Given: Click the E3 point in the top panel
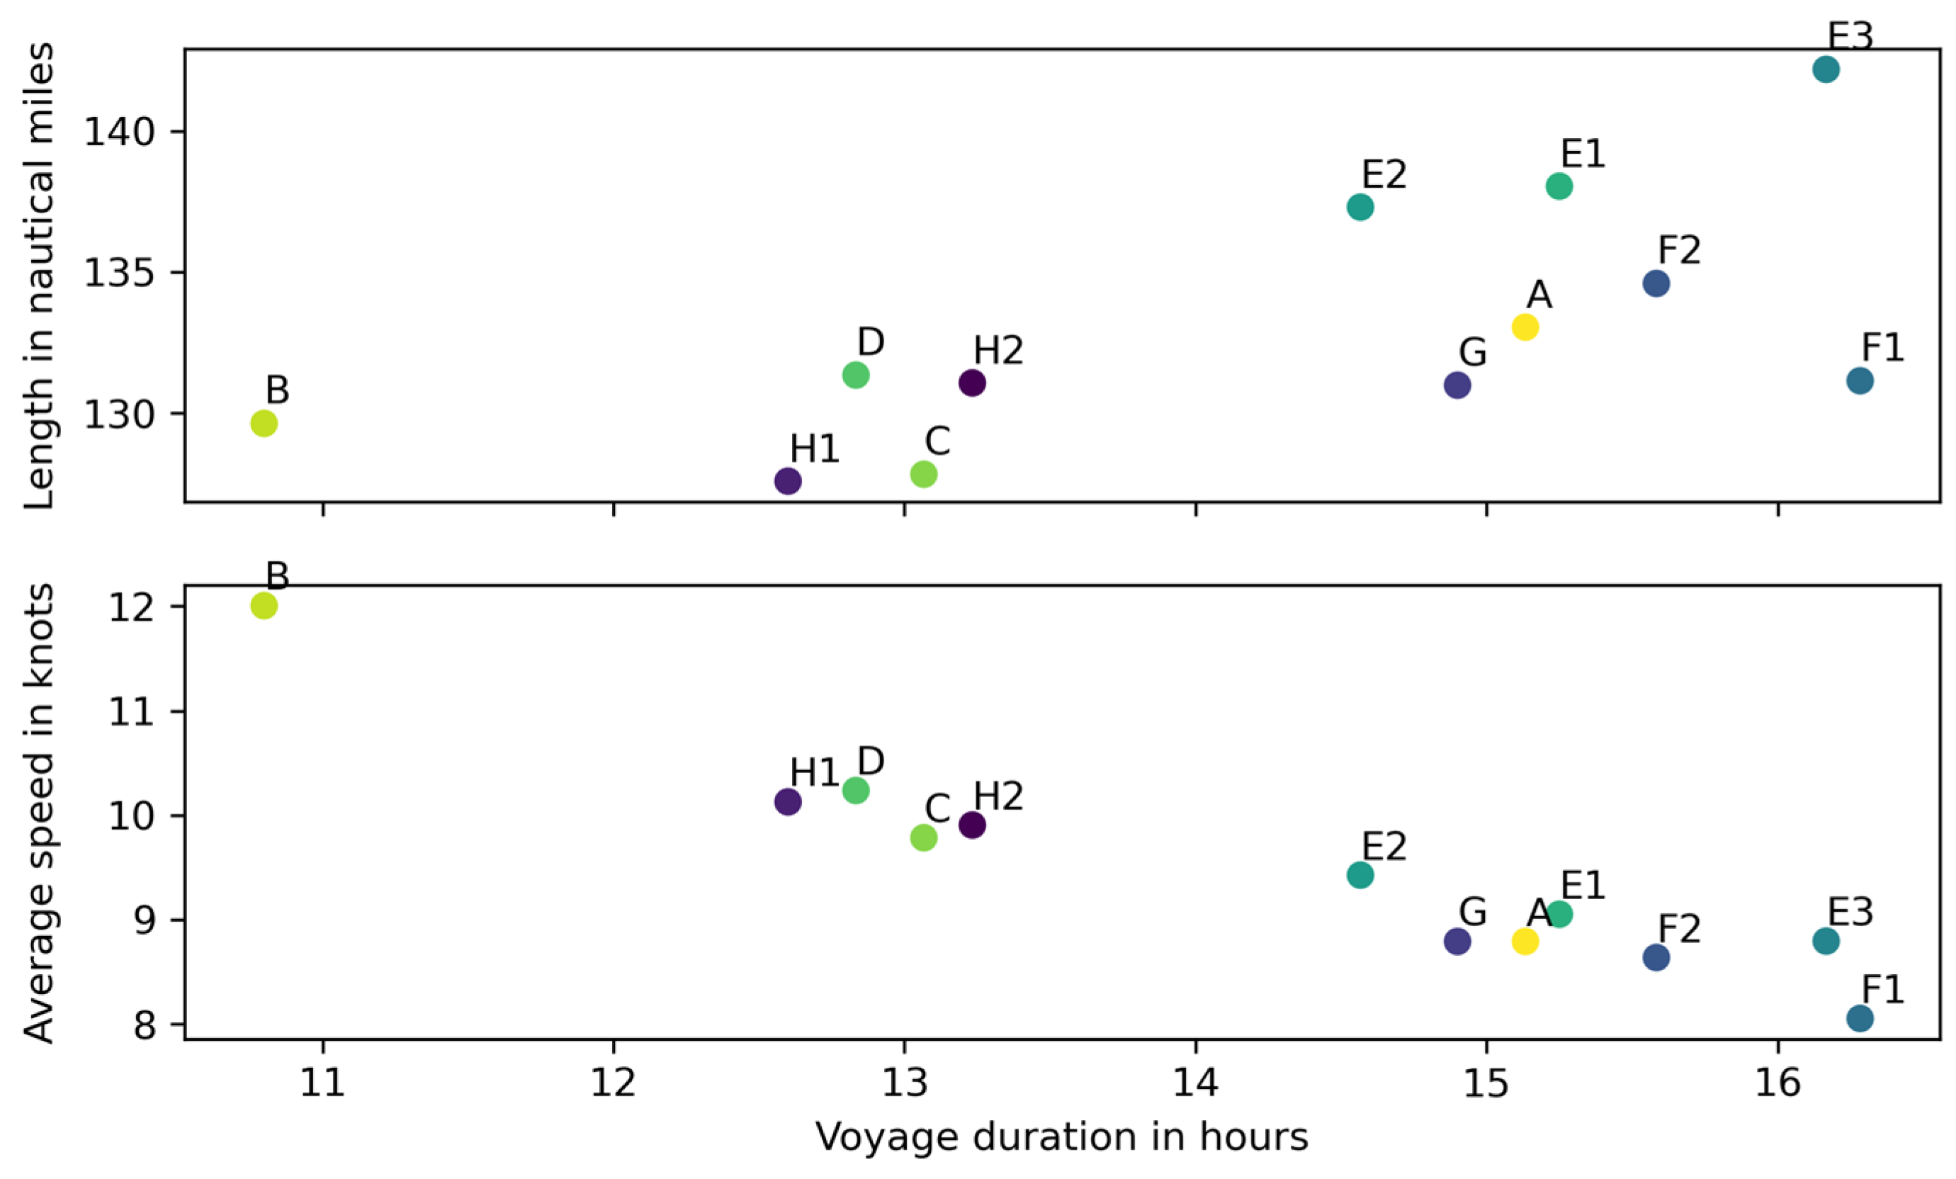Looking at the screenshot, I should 1826,70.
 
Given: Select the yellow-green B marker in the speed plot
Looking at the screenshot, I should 264,606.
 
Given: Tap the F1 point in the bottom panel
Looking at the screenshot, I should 1860,1018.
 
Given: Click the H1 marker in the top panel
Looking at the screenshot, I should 788,480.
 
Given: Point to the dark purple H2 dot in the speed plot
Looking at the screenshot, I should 973,825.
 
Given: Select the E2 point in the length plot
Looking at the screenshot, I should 1359,207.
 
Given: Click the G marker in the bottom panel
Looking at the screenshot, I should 1457,941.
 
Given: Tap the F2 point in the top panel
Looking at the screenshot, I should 1656,283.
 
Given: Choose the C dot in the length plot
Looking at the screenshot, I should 923,474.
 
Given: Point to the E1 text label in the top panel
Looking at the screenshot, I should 1583,153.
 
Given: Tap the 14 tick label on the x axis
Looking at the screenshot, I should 1196,1082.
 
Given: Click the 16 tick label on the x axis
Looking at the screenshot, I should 1777,1082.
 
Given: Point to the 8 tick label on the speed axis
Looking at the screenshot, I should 146,1026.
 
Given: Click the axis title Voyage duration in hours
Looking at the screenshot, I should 1061,1137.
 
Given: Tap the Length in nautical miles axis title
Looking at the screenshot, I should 38,276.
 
